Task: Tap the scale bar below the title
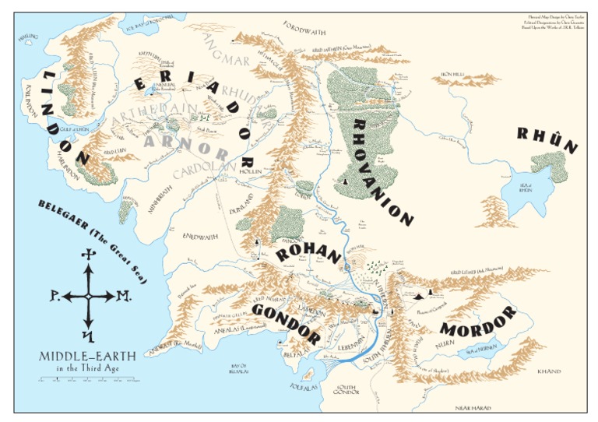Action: [87, 381]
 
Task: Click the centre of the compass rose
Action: [88, 297]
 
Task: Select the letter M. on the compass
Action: [123, 297]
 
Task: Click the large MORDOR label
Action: [477, 321]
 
